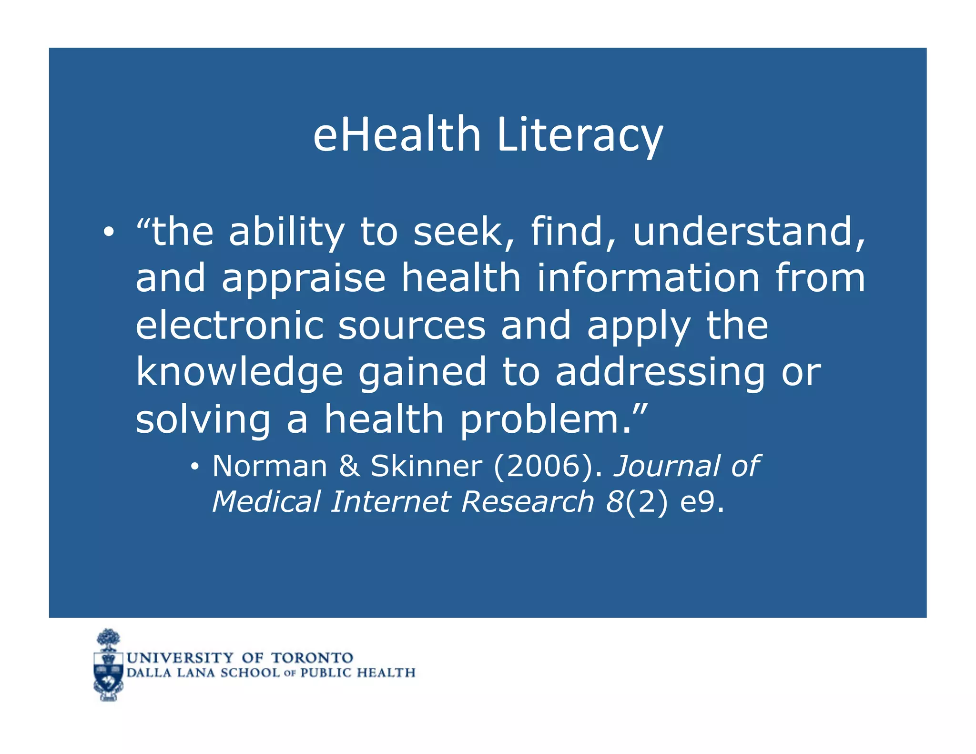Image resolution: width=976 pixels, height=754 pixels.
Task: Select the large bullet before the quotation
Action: (109, 232)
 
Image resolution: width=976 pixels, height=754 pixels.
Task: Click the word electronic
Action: (230, 326)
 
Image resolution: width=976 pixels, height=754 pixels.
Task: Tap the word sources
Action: (412, 326)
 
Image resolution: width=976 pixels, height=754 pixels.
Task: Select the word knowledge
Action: (239, 373)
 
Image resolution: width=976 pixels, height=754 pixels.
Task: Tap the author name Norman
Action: (270, 466)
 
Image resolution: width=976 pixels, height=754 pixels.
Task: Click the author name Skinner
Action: (426, 466)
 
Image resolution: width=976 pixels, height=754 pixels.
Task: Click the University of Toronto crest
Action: (109, 665)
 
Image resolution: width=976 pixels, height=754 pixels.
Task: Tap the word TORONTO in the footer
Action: (312, 658)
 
